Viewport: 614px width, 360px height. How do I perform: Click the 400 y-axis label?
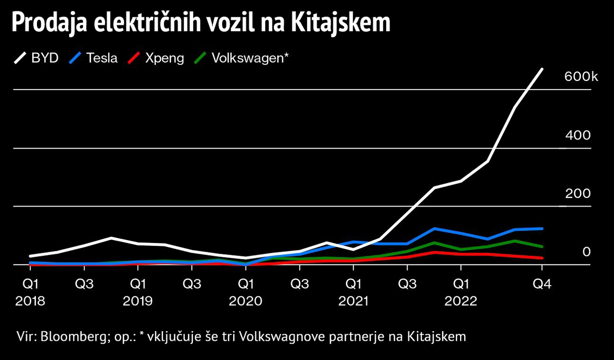coord(578,135)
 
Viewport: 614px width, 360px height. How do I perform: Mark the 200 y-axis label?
coord(578,194)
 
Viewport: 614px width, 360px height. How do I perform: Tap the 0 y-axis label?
coord(586,252)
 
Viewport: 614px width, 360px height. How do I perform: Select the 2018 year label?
coord(30,302)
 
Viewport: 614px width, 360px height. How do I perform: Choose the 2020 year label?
coord(246,302)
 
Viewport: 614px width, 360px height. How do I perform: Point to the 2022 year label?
coord(460,302)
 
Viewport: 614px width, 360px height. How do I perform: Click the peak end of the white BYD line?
coord(542,69)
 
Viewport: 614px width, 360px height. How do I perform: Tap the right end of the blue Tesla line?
coord(542,229)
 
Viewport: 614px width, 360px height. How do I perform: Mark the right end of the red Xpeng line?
coord(542,258)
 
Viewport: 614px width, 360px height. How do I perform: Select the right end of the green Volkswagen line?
coord(542,246)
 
